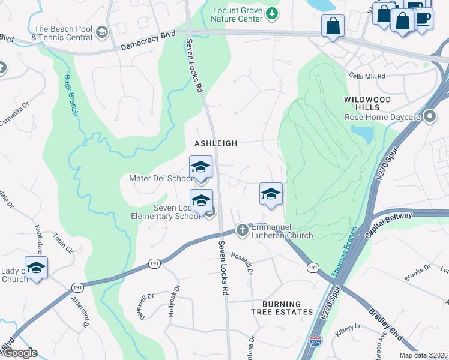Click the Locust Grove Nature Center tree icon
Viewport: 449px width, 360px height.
pos(273,13)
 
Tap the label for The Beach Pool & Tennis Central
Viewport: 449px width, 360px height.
pos(62,34)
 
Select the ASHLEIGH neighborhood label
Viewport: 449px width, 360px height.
pos(215,143)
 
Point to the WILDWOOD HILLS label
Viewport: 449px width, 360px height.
pos(367,103)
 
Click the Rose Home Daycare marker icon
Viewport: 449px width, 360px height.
pos(429,116)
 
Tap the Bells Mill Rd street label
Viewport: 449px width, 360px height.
pos(367,76)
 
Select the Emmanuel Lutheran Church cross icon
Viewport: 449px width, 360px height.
pos(242,230)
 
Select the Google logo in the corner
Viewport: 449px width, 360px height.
pos(19,353)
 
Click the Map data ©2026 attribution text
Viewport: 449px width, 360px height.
pos(423,355)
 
